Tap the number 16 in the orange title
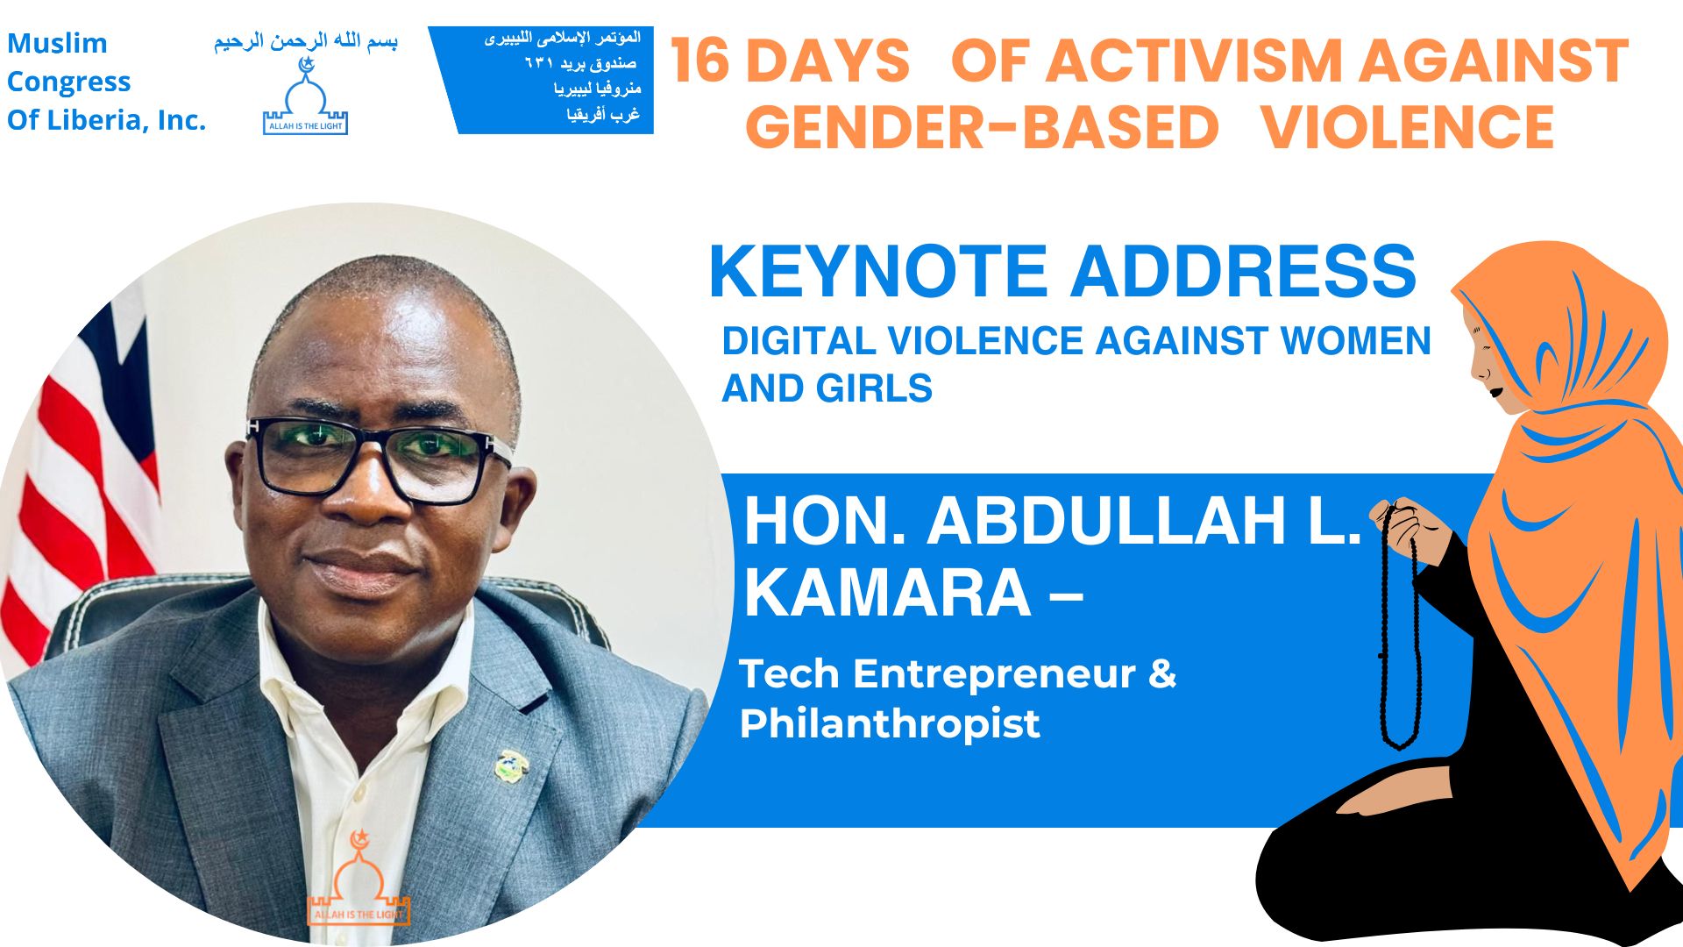(x=699, y=61)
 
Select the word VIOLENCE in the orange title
(x=1408, y=127)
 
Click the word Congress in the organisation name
(x=68, y=82)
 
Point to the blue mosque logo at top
(x=305, y=96)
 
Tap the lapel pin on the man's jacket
(x=511, y=765)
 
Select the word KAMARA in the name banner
(x=887, y=594)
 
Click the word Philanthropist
(x=890, y=724)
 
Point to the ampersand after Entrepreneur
(x=1161, y=673)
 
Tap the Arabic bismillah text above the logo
(x=306, y=42)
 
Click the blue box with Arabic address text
(x=541, y=80)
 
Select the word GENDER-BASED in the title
(x=982, y=127)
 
